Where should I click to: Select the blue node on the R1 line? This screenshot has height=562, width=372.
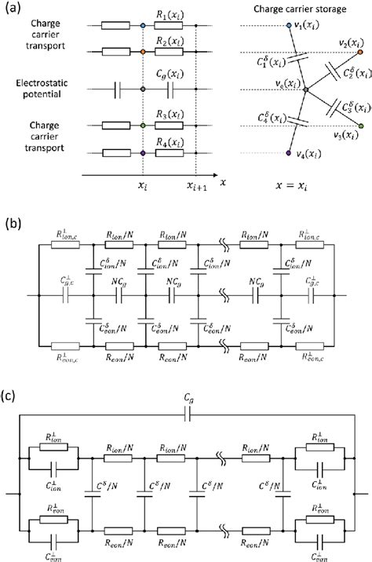click(x=142, y=27)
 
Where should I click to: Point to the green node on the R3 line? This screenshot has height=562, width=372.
click(x=142, y=125)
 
